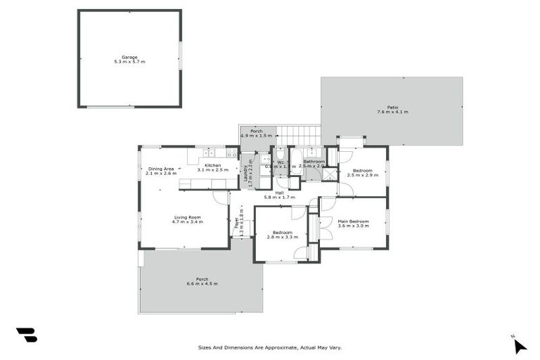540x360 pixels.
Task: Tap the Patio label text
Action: pos(392,108)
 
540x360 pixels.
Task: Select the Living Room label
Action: pos(187,217)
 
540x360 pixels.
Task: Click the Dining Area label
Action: pos(161,169)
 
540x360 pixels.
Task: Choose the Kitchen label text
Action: pos(213,165)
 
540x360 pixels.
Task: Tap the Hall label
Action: pos(279,193)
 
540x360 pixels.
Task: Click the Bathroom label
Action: pos(314,162)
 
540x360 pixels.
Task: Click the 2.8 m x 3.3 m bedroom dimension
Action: pos(279,237)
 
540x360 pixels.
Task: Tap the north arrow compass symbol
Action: pos(519,345)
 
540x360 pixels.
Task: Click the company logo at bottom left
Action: pos(27,335)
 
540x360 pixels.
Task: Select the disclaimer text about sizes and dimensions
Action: pos(270,347)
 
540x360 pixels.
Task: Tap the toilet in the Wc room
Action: pos(280,155)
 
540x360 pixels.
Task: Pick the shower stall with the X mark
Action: pos(330,174)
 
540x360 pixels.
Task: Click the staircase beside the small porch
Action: pos(298,135)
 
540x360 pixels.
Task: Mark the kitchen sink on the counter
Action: pos(209,153)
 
